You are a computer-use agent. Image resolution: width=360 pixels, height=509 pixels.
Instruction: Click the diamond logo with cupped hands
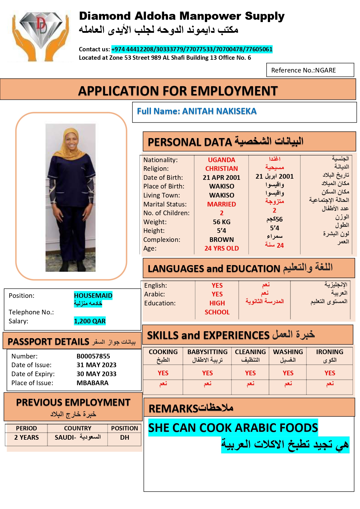click(40, 35)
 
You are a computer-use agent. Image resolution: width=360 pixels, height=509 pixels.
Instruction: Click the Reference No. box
click(310, 70)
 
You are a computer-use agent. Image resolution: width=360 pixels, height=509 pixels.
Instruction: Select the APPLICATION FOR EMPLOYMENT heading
click(178, 91)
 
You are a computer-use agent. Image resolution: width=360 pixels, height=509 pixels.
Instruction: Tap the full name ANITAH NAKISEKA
click(219, 111)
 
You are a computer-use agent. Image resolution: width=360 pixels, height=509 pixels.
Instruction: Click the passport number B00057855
click(93, 356)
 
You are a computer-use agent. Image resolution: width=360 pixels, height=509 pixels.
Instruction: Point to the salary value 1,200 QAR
click(90, 321)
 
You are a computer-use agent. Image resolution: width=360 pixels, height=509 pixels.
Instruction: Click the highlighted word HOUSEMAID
click(93, 296)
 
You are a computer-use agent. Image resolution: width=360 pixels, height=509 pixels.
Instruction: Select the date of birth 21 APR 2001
click(221, 177)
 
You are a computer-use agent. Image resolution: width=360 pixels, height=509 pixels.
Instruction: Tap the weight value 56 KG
click(221, 222)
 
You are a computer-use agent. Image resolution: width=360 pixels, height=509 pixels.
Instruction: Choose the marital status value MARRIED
click(221, 204)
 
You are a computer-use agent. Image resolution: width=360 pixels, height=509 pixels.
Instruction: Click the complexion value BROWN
click(221, 240)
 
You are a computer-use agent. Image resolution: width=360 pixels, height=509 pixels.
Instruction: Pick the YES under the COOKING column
click(163, 373)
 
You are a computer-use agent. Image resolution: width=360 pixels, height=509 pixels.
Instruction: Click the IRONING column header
click(330, 352)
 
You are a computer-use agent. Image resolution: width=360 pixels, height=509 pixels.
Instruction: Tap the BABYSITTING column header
click(207, 352)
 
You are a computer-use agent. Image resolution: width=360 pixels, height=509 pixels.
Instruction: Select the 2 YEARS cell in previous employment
click(26, 437)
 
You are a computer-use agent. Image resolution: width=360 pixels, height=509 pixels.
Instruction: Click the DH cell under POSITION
click(124, 437)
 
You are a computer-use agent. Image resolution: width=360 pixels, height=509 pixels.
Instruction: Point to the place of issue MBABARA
click(92, 383)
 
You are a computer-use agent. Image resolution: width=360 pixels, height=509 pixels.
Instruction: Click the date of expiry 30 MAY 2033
click(96, 374)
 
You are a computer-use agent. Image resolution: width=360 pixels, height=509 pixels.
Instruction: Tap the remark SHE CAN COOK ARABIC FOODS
click(233, 428)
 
